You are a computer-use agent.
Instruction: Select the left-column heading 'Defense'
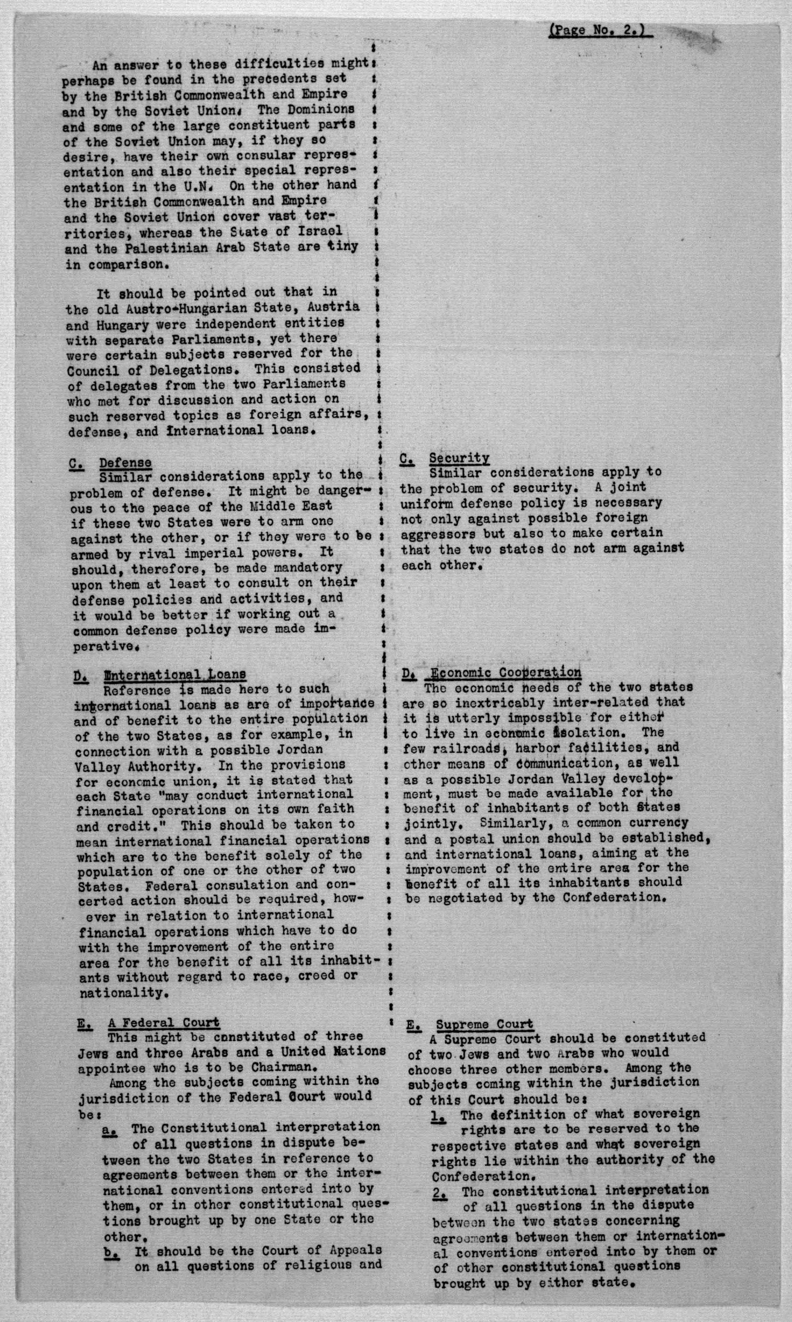[x=125, y=463]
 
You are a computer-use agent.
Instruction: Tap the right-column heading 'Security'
[x=459, y=458]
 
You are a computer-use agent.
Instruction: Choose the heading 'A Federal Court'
[x=163, y=1022]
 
